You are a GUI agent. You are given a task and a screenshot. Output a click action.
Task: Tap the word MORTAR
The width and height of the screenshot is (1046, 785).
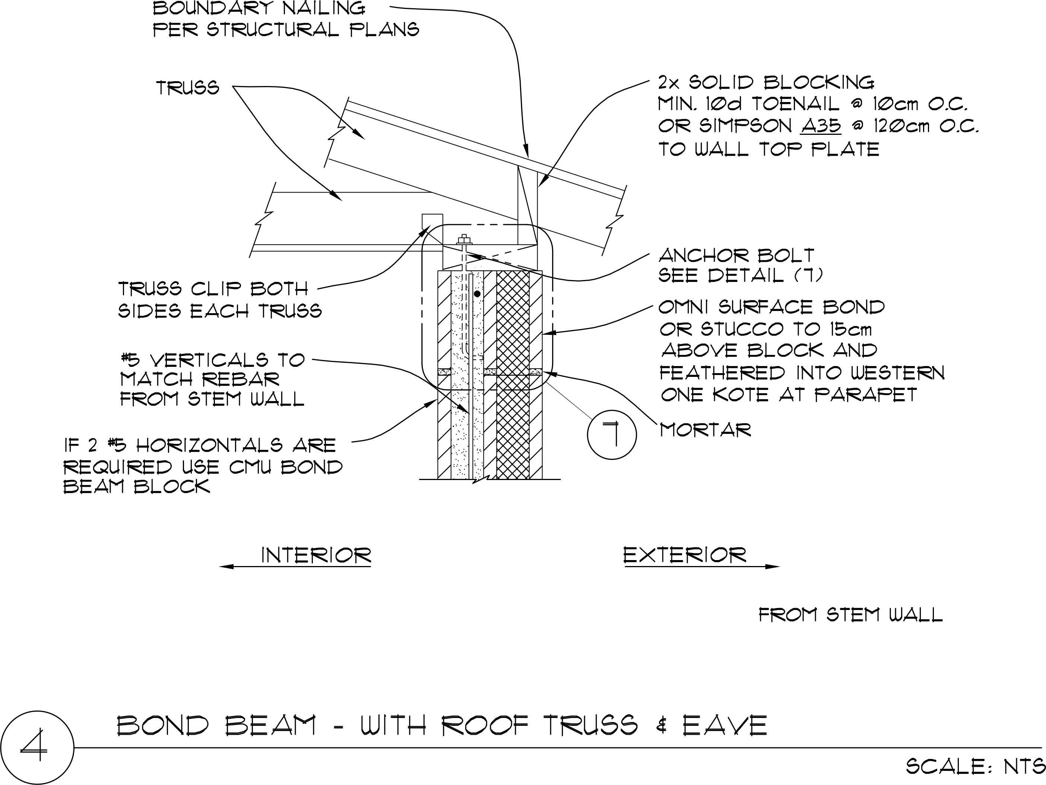click(706, 430)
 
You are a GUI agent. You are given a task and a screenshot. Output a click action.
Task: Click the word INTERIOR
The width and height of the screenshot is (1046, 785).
click(316, 555)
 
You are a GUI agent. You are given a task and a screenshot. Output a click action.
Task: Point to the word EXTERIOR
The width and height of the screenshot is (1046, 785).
click(685, 555)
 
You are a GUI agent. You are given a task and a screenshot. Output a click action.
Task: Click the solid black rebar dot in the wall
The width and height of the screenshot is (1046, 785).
click(477, 294)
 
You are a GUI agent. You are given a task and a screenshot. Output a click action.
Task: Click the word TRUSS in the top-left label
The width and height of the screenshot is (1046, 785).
click(188, 88)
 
